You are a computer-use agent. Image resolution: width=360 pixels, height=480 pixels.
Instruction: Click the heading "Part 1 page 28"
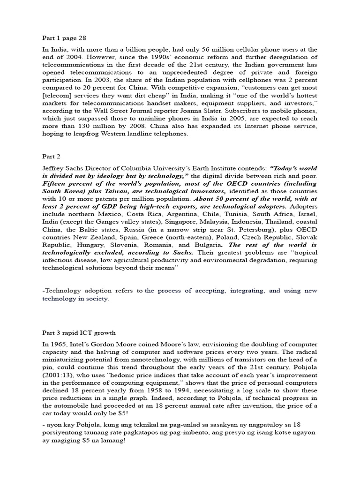click(x=65, y=37)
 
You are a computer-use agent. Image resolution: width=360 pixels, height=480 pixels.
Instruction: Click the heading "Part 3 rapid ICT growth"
click(x=79, y=333)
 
